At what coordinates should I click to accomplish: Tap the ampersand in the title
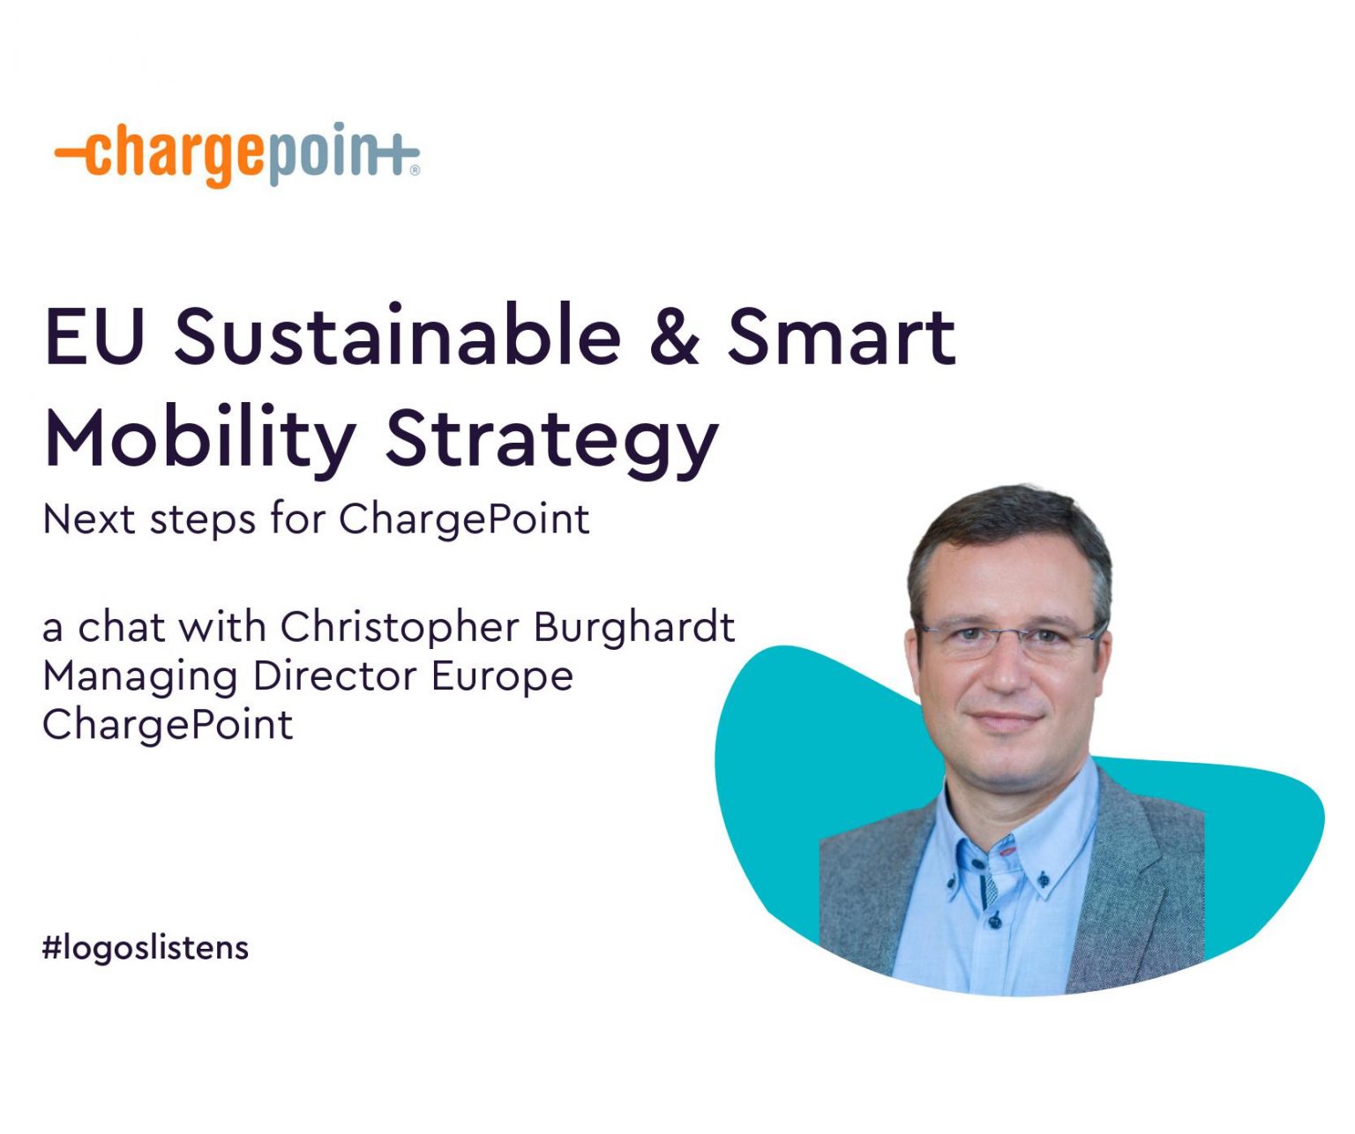[675, 336]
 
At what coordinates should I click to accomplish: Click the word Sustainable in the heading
[398, 336]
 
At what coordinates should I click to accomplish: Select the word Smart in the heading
[842, 336]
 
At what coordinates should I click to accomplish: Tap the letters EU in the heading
[94, 336]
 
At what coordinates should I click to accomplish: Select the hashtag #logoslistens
[146, 948]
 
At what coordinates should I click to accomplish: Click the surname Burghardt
[634, 627]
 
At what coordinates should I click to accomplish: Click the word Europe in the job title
[502, 677]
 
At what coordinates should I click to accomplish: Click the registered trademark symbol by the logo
[415, 171]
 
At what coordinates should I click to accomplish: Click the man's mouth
[1006, 719]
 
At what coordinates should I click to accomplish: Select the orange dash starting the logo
[71, 152]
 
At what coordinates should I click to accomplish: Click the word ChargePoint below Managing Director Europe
[168, 725]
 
